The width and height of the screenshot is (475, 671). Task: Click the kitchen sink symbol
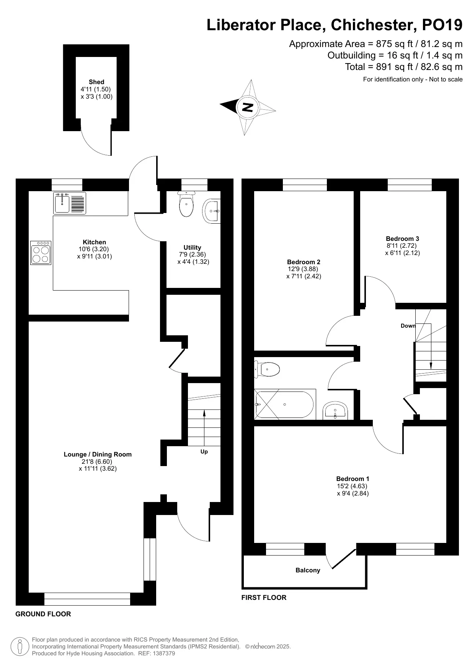coord(70,203)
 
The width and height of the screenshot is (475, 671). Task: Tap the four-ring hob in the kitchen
coord(41,253)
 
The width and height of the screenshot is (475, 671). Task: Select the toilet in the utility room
coord(186,205)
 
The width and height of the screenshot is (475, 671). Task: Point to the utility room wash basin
coord(211,210)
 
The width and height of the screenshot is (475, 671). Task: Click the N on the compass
coord(248,107)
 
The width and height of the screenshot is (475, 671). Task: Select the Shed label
coord(96,82)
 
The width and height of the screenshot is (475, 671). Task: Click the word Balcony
coord(308,570)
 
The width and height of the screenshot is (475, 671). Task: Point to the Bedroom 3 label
coord(402,239)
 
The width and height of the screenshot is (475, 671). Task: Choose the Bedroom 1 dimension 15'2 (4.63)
coord(352,486)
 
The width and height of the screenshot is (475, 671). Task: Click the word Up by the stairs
coord(204,452)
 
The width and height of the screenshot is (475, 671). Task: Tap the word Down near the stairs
coord(408,326)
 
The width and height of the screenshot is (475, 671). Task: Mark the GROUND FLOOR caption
coord(43,614)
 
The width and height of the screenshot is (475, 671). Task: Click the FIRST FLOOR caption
coord(264,598)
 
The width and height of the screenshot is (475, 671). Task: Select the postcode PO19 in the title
coord(442,25)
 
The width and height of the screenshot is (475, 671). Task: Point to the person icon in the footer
coord(20,646)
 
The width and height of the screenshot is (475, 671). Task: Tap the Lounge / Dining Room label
coord(98,454)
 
